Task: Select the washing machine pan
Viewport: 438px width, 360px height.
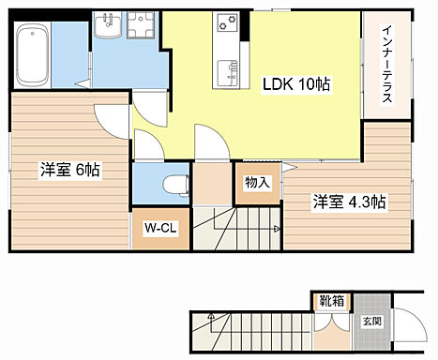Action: (x=143, y=25)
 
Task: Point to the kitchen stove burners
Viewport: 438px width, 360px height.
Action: (x=227, y=23)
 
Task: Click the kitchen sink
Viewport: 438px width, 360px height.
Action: (x=227, y=71)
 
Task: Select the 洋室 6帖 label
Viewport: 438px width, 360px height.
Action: (x=69, y=171)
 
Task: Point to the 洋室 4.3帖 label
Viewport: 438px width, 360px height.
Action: (x=350, y=201)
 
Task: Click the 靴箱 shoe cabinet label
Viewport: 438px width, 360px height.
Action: (x=331, y=302)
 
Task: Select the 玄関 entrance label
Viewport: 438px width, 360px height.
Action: (x=371, y=322)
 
